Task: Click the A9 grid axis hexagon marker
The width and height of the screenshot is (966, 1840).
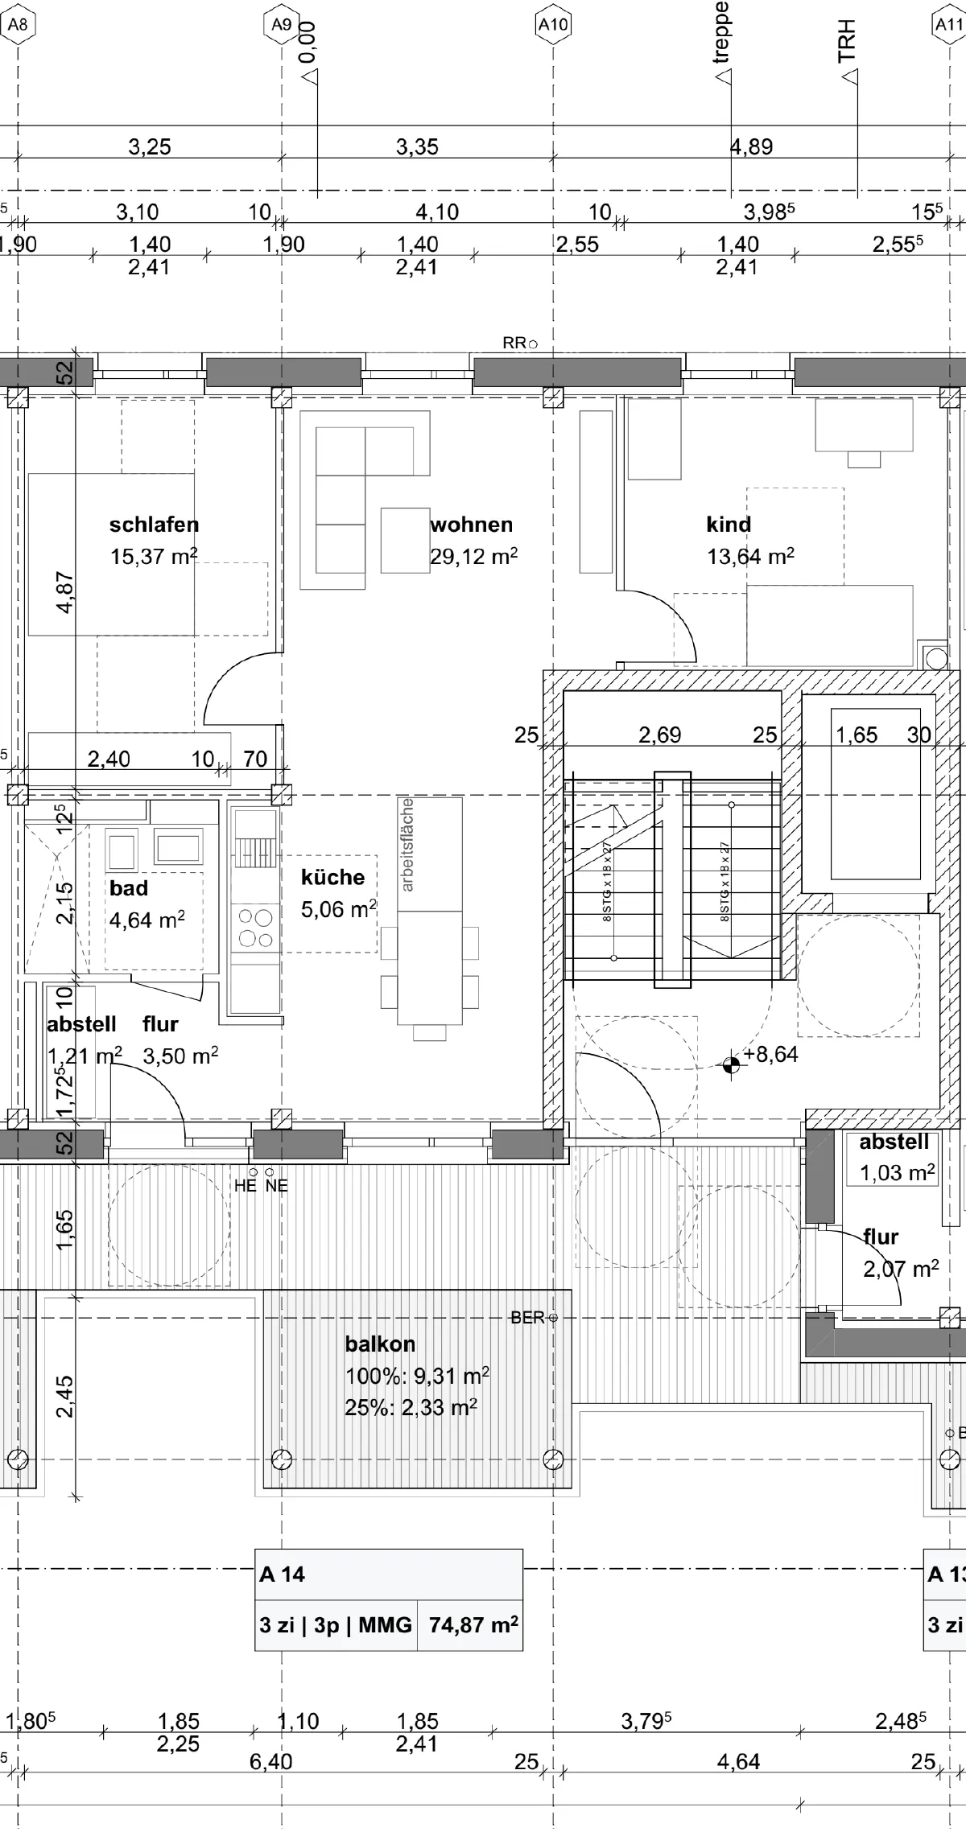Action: coord(281,25)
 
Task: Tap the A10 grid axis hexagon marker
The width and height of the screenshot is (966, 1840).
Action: coord(553,25)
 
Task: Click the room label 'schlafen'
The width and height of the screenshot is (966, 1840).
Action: coord(154,525)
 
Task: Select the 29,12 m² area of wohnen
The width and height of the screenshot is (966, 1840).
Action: coord(473,557)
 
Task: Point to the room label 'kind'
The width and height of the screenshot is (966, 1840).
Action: coord(729,525)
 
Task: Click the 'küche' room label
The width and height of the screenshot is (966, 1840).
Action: coord(332,878)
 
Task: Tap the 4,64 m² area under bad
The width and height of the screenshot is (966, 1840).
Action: coord(147,920)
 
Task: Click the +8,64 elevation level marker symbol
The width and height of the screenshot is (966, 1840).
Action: coord(731,1065)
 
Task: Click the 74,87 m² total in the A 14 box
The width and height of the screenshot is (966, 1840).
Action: coord(473,1624)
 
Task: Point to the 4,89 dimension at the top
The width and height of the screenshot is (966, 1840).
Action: coord(751,147)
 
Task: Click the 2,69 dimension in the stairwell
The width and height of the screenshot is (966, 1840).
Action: coord(659,735)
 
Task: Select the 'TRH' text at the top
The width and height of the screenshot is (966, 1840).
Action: coord(846,42)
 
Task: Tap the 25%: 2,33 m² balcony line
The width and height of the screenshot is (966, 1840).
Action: coord(411,1407)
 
